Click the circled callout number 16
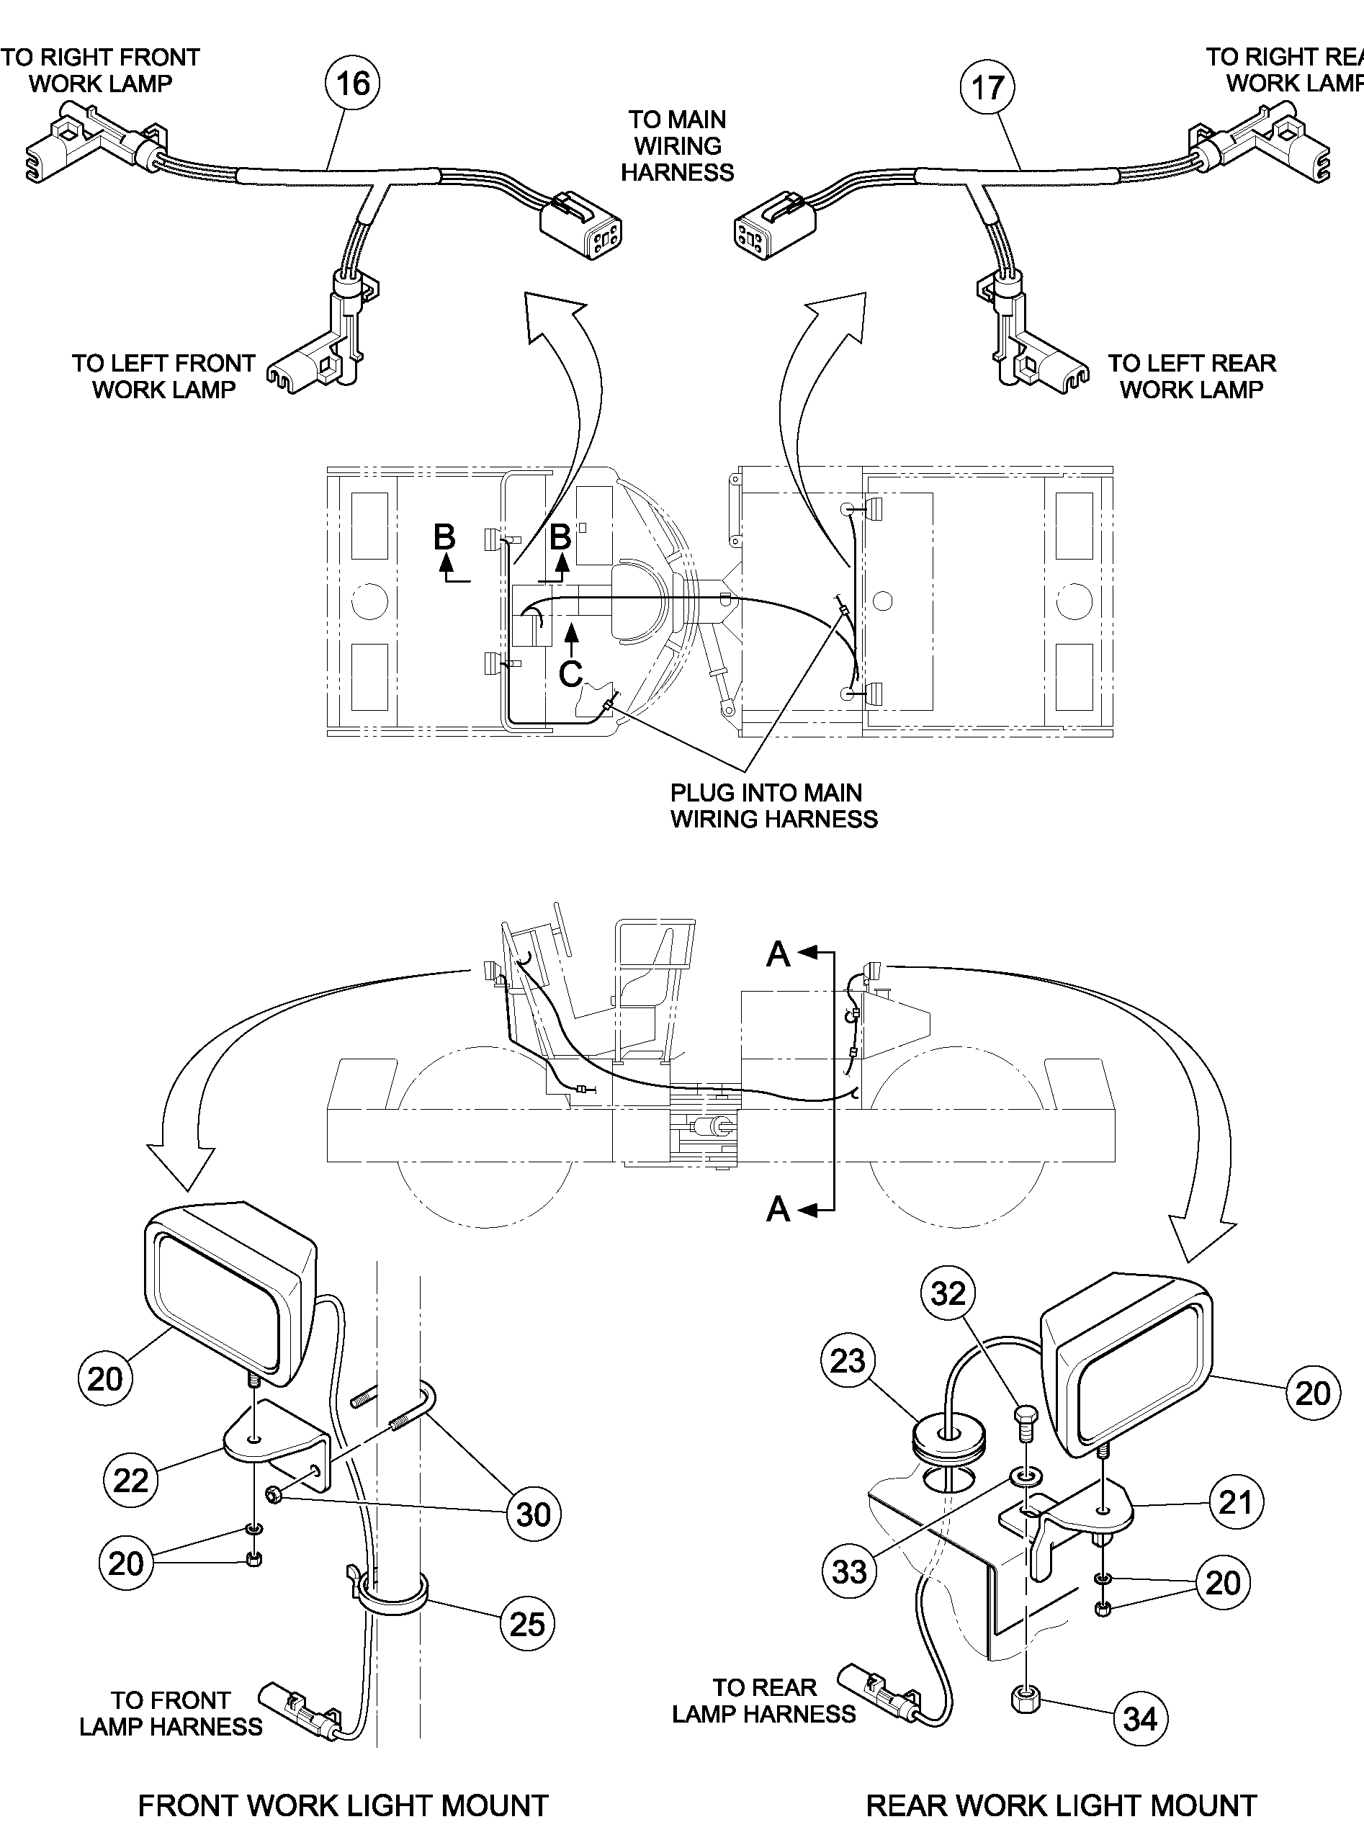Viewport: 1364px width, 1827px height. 354,83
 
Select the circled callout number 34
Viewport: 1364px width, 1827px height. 1140,1719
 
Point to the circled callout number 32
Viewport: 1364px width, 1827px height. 948,1293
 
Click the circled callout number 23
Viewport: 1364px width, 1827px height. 848,1360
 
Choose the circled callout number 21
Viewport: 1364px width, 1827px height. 1236,1501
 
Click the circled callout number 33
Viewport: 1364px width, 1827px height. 850,1571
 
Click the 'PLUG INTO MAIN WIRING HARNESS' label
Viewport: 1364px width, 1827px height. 773,806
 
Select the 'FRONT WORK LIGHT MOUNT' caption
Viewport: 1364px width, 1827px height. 343,1782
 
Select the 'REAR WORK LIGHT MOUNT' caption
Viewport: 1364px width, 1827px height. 1061,1782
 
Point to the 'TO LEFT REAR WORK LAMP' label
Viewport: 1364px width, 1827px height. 1191,376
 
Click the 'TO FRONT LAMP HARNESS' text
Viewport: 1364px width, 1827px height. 170,1713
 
